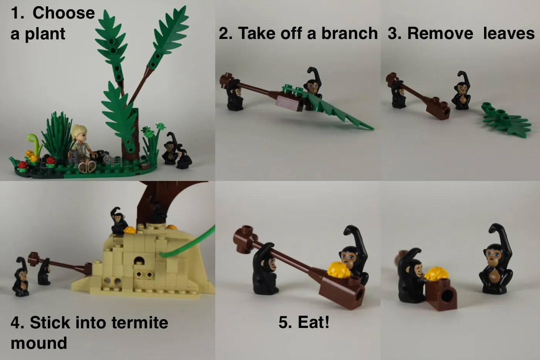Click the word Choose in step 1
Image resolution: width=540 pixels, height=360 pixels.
tap(64, 13)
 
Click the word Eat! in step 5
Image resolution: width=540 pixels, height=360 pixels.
tap(304, 322)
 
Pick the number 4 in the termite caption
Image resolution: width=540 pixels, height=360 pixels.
tap(15, 323)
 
